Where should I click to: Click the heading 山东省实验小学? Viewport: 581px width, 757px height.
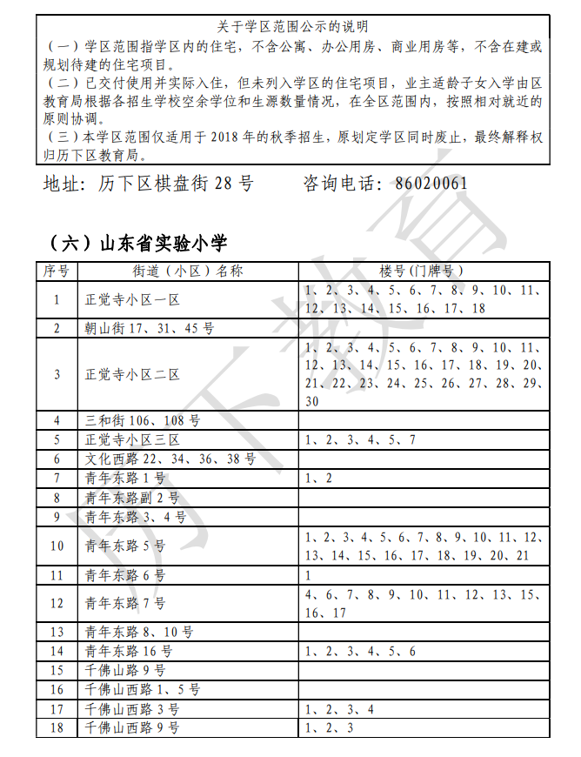pyautogui.click(x=139, y=241)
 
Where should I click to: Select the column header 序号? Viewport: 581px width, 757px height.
pyautogui.click(x=57, y=271)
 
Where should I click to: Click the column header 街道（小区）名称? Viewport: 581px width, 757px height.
pyautogui.click(x=187, y=271)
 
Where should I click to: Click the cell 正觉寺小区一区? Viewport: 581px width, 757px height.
pyautogui.click(x=132, y=299)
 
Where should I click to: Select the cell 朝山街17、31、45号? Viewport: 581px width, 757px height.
pyautogui.click(x=150, y=328)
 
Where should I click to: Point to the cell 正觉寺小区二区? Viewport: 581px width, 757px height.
pyautogui.click(x=132, y=374)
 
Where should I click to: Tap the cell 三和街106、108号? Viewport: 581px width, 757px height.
pyautogui.click(x=143, y=420)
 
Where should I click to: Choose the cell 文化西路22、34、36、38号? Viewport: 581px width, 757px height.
pyautogui.click(x=170, y=459)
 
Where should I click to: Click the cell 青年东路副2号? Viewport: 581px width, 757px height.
pyautogui.click(x=132, y=498)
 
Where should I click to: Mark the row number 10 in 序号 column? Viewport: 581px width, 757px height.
pyautogui.click(x=57, y=546)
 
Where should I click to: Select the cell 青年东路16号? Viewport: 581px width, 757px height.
pyautogui.click(x=129, y=651)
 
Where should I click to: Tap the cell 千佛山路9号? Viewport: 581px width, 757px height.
pyautogui.click(x=125, y=670)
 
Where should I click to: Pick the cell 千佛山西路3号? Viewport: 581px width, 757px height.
pyautogui.click(x=132, y=708)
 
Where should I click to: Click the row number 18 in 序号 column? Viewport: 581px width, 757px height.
pyautogui.click(x=57, y=727)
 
